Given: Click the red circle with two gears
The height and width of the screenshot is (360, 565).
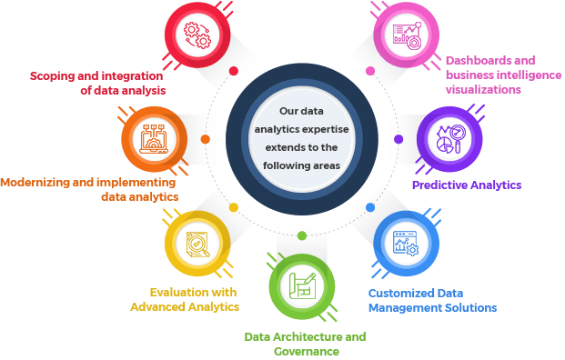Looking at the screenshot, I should point(197,35).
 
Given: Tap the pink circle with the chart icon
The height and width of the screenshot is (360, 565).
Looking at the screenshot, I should point(406,35).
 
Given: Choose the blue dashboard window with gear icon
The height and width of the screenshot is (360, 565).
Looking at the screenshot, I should point(406,244).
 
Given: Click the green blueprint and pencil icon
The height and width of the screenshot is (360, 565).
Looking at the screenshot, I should point(302,286).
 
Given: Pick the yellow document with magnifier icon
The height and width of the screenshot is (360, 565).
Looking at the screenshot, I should point(197,244).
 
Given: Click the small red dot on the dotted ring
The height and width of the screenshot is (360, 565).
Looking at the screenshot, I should point(234,71).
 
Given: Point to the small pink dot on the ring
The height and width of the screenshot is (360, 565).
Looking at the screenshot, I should point(370,71).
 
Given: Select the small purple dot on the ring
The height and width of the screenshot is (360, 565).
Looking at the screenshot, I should point(399,139).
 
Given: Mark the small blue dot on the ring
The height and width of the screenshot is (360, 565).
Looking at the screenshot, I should point(370,207).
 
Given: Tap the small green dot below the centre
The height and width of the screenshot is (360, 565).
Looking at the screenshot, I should point(302,235).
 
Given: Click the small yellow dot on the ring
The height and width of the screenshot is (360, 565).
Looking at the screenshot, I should point(234,207).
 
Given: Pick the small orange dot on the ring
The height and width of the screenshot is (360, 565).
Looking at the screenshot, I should point(206,139).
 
